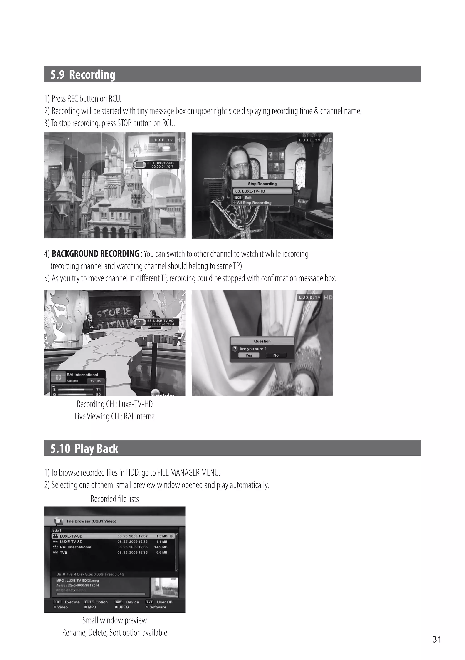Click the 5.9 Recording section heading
tap(83, 74)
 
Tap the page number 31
tap(436, 639)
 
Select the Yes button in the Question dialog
tap(249, 355)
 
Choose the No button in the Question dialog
tap(276, 355)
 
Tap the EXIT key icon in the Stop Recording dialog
tap(238, 198)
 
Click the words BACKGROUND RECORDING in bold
tap(95, 254)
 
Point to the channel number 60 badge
tap(58, 377)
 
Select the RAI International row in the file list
tap(114, 547)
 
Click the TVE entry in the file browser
tap(64, 553)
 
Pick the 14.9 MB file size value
tap(161, 547)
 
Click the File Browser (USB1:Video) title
tap(92, 521)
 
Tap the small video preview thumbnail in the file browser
tap(164, 588)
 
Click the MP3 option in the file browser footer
tap(92, 607)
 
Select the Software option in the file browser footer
tap(158, 607)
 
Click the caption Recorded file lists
tap(115, 499)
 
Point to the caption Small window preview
tap(115, 620)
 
